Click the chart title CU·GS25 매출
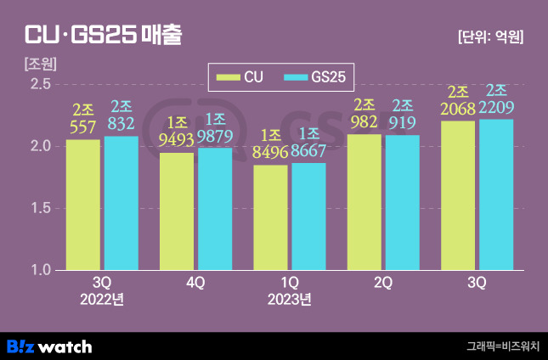(x=102, y=35)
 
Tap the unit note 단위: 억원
(x=489, y=37)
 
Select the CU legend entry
(x=240, y=77)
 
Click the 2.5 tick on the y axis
(x=41, y=84)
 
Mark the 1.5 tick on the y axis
(x=41, y=208)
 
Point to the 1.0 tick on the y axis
(x=41, y=270)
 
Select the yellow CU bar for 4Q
(x=177, y=211)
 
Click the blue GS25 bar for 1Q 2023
(x=308, y=217)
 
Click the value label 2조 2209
(x=496, y=99)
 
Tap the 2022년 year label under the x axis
(x=102, y=299)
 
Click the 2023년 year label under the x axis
(x=289, y=299)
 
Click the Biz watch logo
(x=49, y=346)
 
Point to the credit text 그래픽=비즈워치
(x=502, y=346)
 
